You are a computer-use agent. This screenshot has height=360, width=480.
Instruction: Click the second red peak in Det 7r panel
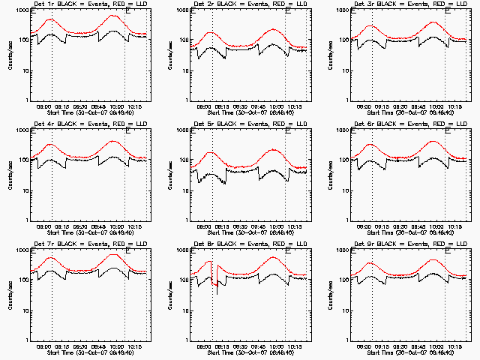point(115,255)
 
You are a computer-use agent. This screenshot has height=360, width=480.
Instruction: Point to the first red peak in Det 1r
point(51,19)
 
